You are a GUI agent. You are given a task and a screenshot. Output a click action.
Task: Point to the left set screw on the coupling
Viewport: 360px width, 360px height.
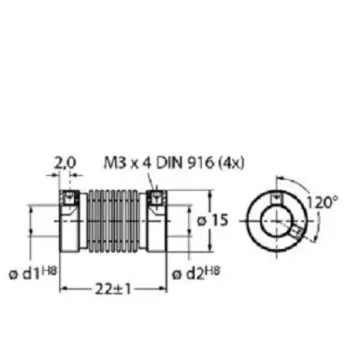(70, 204)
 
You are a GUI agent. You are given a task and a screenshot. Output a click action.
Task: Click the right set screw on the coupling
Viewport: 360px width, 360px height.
(156, 204)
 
